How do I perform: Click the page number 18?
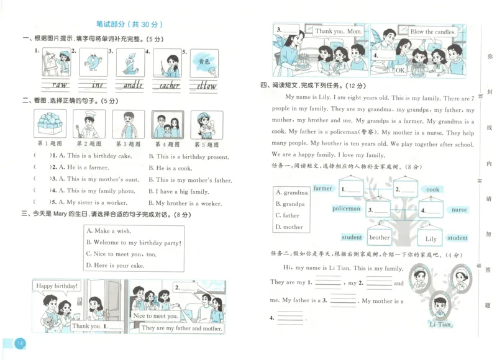pyautogui.click(x=20, y=343)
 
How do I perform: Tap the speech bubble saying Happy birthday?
pyautogui.click(x=57, y=286)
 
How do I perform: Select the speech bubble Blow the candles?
pyautogui.click(x=433, y=32)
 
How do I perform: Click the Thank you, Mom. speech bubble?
pyautogui.click(x=337, y=31)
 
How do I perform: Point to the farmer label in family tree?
pyautogui.click(x=323, y=188)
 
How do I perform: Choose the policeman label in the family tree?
pyautogui.click(x=347, y=209)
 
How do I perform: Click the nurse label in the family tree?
pyautogui.click(x=459, y=210)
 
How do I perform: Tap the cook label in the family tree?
pyautogui.click(x=433, y=189)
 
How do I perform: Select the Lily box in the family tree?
pyautogui.click(x=431, y=238)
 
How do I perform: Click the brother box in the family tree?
pyautogui.click(x=379, y=237)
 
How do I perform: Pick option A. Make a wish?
pyautogui.click(x=109, y=231)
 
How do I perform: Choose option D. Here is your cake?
pyautogui.click(x=116, y=266)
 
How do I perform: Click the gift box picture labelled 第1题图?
pyautogui.click(x=51, y=124)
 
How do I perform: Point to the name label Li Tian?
pyautogui.click(x=440, y=324)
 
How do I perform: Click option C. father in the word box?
pyautogui.click(x=288, y=215)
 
